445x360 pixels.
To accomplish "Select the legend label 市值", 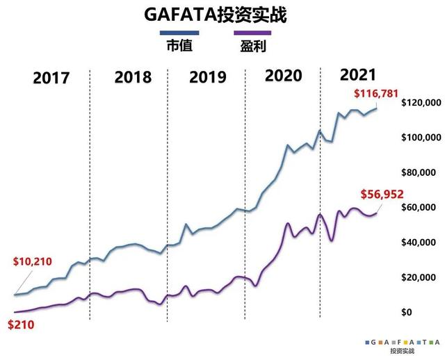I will pos(180,47).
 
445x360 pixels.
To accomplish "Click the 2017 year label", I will pos(51,77).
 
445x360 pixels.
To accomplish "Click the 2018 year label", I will pos(132,77).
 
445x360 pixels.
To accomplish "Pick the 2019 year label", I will pos(208,77).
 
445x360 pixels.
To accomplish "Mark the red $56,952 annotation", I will pos(382,195).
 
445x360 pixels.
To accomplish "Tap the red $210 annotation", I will pos(20,323).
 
